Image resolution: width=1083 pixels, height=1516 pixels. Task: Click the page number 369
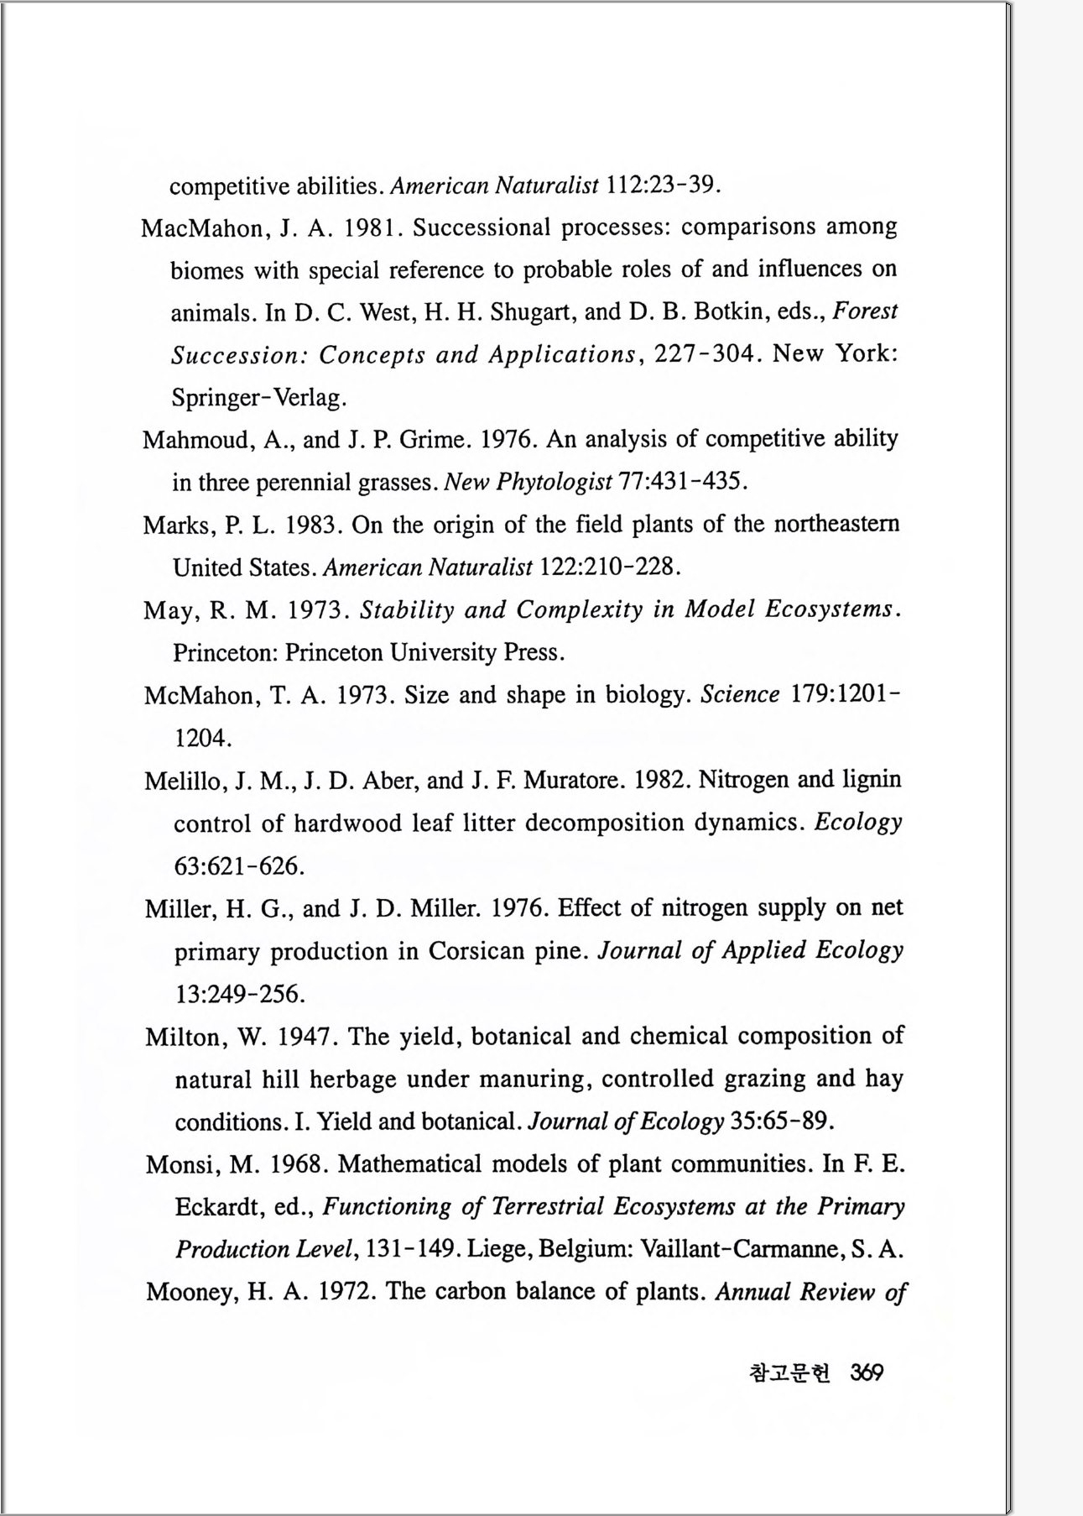coord(867,1372)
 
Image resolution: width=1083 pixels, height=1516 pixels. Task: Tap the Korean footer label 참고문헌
coord(789,1372)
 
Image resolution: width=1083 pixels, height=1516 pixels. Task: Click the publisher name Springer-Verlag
coord(257,398)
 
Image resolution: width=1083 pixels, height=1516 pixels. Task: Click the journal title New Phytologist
coord(528,483)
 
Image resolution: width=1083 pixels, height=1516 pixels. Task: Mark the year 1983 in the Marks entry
coord(311,525)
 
